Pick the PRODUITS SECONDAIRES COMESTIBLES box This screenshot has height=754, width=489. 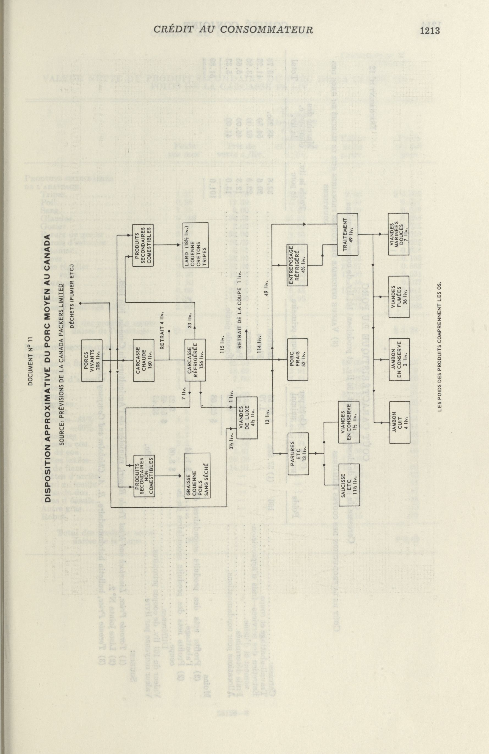pyautogui.click(x=143, y=245)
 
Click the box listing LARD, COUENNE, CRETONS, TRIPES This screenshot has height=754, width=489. pyautogui.click(x=196, y=246)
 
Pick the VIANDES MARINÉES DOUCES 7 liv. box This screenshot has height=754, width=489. pyautogui.click(x=399, y=234)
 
